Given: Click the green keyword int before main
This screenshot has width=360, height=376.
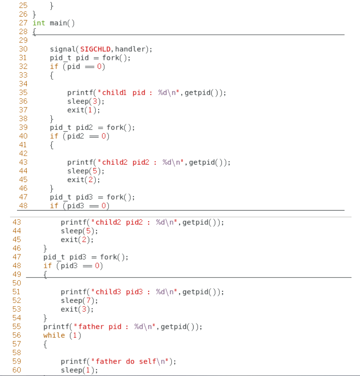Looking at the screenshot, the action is coord(39,23).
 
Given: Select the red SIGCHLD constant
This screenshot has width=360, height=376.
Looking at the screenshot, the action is coord(96,49).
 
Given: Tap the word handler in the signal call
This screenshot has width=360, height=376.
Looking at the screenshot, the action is coord(131,49).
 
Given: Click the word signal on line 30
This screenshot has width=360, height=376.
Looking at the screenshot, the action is coord(63,49).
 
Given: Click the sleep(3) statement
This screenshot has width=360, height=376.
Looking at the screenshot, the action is coord(86,101).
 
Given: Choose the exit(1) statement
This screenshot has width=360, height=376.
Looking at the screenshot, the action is coord(83,110).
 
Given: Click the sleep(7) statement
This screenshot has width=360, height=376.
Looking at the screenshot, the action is coord(79,300).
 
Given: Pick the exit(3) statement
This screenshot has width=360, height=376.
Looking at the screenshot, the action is coord(77,309).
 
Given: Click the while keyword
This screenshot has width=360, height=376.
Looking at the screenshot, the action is coord(54,335).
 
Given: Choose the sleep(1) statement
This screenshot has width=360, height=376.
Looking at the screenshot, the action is coord(79,370).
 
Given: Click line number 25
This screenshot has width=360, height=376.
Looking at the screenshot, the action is coord(23,6).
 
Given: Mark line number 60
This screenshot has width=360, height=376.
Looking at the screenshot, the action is coord(17,370).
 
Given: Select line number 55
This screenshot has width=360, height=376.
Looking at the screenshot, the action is coord(17,327).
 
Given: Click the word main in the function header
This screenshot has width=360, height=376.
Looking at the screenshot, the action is coord(58,23).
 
